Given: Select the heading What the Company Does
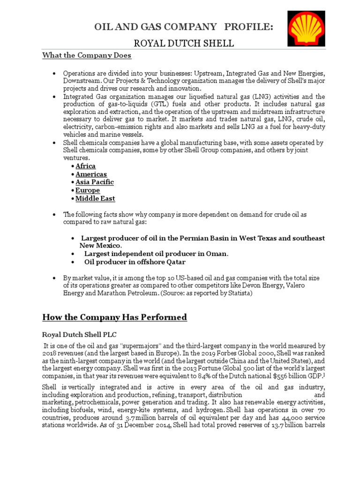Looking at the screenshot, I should [x=87, y=55].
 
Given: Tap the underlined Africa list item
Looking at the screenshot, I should [x=85, y=166].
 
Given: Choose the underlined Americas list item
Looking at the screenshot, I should [x=91, y=174].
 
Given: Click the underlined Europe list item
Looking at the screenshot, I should [x=88, y=190].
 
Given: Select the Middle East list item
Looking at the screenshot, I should [x=95, y=198].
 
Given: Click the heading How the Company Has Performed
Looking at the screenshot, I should [x=114, y=317].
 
